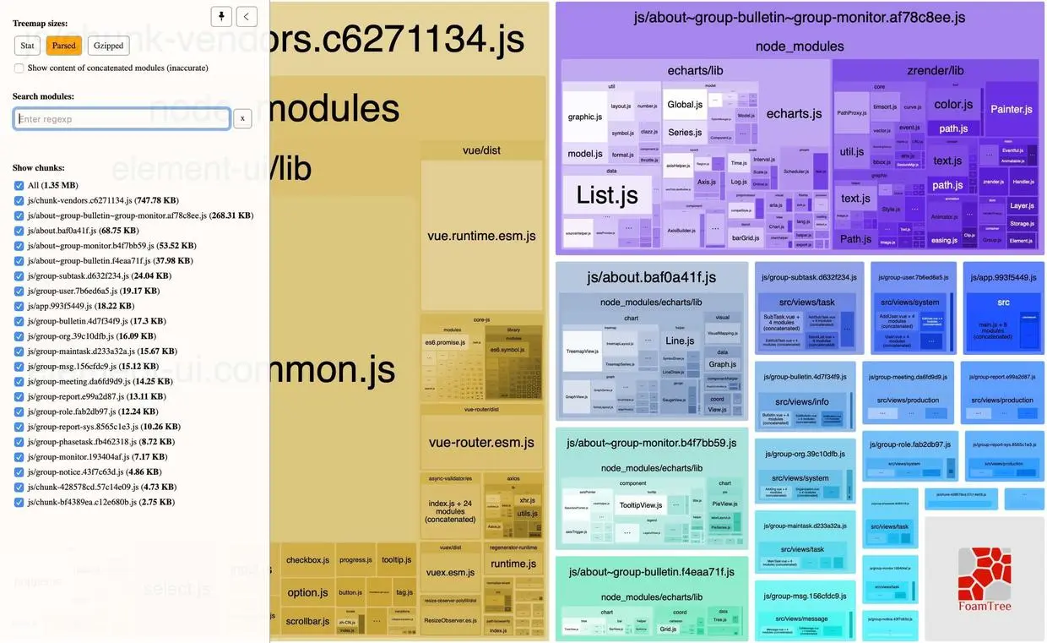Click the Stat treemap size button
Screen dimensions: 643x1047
(x=27, y=46)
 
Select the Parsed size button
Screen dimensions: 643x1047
(x=63, y=46)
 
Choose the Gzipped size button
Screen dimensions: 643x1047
(x=108, y=46)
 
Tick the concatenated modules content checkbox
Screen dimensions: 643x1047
(x=19, y=68)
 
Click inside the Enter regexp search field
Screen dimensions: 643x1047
(x=122, y=119)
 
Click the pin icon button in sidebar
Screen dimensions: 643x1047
(x=221, y=16)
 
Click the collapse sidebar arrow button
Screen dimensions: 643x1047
(x=247, y=16)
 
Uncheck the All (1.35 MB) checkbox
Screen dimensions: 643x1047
(x=19, y=185)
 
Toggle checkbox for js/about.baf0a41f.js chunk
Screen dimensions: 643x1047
(x=19, y=231)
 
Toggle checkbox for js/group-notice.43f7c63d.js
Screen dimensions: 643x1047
(x=19, y=472)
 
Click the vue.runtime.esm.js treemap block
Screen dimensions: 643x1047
(x=481, y=236)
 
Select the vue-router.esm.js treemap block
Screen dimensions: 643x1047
(x=481, y=442)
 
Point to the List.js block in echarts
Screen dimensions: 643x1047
(x=607, y=195)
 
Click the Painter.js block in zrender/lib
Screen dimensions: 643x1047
(x=1011, y=109)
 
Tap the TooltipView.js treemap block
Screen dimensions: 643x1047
(x=640, y=504)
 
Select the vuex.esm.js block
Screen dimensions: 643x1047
(x=450, y=572)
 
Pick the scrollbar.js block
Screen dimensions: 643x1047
(x=307, y=621)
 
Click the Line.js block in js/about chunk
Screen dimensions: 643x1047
(x=680, y=341)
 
